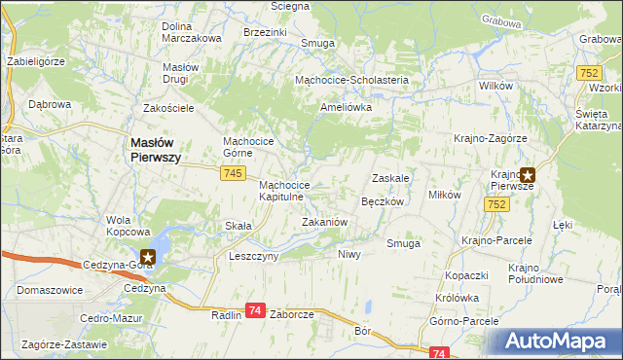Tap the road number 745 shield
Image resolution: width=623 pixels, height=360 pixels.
[x=232, y=172]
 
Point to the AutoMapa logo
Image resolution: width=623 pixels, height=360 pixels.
[x=558, y=342]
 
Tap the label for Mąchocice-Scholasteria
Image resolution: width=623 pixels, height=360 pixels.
[x=356, y=81]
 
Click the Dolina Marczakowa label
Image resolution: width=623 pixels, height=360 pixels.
[x=192, y=32]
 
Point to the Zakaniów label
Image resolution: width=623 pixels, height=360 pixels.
[x=325, y=222]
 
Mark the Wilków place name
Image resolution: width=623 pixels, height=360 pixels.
[x=496, y=87]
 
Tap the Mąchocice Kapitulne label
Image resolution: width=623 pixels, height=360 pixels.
[x=285, y=191]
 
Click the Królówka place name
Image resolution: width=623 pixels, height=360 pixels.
[x=457, y=298]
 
